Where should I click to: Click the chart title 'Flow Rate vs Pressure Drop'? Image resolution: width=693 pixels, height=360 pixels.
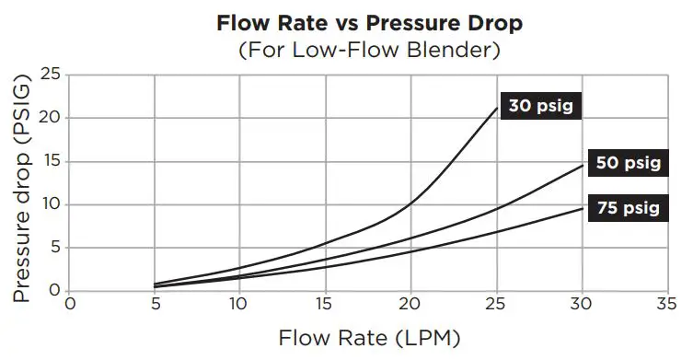[346, 22]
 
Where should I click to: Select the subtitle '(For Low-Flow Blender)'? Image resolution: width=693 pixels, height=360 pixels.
[346, 49]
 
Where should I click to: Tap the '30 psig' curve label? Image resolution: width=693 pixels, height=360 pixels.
[541, 107]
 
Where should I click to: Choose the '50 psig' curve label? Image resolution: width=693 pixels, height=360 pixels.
[628, 163]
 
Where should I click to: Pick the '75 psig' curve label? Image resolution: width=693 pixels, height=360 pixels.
[628, 207]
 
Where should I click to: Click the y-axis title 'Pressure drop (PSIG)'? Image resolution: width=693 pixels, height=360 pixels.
[22, 191]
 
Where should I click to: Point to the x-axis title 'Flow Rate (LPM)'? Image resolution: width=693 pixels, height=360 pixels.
[346, 338]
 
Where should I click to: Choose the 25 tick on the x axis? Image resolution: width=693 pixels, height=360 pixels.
[496, 304]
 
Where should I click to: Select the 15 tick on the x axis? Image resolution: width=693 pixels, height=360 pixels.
[325, 304]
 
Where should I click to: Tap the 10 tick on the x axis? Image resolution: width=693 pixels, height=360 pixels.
[239, 304]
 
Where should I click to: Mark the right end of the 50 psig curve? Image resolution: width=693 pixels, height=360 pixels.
[582, 165]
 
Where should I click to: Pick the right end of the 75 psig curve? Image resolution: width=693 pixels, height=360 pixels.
[582, 208]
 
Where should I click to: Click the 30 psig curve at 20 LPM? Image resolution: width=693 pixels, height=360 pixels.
[410, 202]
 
